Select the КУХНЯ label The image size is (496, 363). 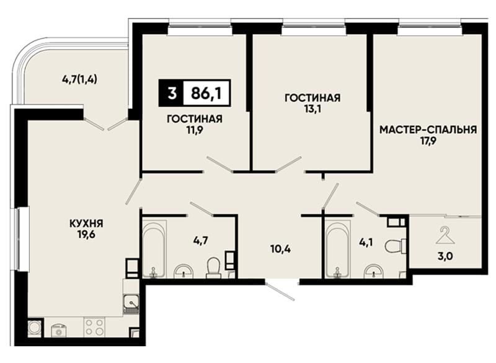[86, 224]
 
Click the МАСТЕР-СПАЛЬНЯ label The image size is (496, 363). [428, 129]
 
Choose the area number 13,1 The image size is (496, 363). [312, 109]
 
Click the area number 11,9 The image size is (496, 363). [195, 130]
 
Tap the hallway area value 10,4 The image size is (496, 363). [281, 249]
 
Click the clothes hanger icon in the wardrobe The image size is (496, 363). [445, 235]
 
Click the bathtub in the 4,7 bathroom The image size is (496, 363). [154, 249]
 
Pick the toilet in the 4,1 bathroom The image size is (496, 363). [396, 245]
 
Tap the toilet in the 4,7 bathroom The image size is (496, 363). [213, 267]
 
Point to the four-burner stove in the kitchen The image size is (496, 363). [94, 327]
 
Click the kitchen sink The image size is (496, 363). [131, 304]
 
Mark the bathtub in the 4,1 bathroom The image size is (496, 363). [338, 249]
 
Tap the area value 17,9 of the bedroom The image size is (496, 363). [428, 141]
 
